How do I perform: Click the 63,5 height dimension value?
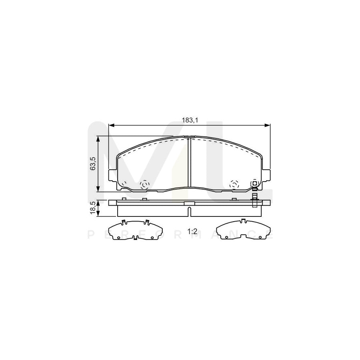93,164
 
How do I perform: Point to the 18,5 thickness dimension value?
93,208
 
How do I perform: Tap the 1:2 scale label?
193,231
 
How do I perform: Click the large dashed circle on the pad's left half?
144,184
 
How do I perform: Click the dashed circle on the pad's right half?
233,184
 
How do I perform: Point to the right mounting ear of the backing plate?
266,174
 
